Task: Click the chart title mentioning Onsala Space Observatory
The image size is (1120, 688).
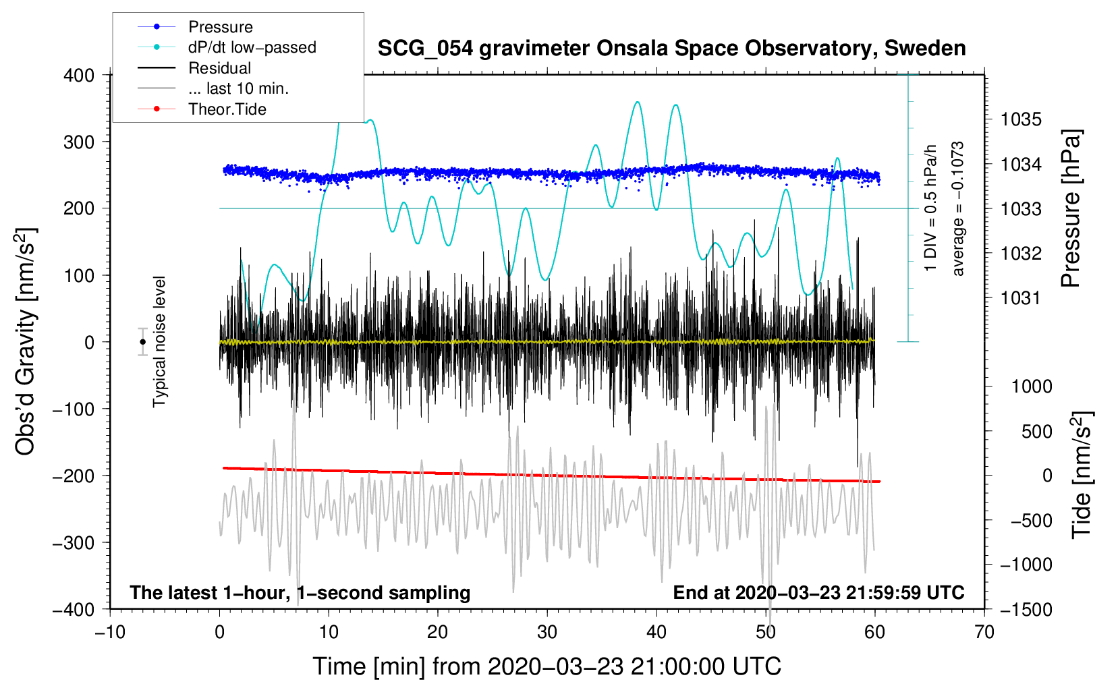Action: coord(671,49)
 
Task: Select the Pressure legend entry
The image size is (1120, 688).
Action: coord(220,27)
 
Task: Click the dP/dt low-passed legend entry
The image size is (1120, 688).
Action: coord(252,47)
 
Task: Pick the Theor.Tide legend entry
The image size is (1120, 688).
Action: coord(227,109)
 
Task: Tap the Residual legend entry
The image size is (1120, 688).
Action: coord(219,68)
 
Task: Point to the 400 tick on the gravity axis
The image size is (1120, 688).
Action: coord(80,76)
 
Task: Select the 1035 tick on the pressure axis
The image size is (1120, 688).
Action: coord(1021,120)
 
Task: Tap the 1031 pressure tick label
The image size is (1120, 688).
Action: coord(1021,298)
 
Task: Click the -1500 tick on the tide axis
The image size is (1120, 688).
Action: coord(1026,610)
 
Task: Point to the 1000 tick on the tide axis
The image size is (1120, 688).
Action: coord(1032,386)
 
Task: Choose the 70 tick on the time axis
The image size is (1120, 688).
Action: coord(984,633)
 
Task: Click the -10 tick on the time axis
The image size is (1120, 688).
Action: coord(110,633)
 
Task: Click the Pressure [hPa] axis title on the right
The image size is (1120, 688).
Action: coord(1071,208)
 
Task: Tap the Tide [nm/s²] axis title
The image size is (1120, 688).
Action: coord(1081,475)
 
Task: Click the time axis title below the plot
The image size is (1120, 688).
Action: coord(547,666)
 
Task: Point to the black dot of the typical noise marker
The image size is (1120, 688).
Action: coord(142,342)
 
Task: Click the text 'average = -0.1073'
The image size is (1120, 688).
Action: coord(958,208)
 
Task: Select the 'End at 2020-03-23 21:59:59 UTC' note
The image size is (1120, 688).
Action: coord(818,593)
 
